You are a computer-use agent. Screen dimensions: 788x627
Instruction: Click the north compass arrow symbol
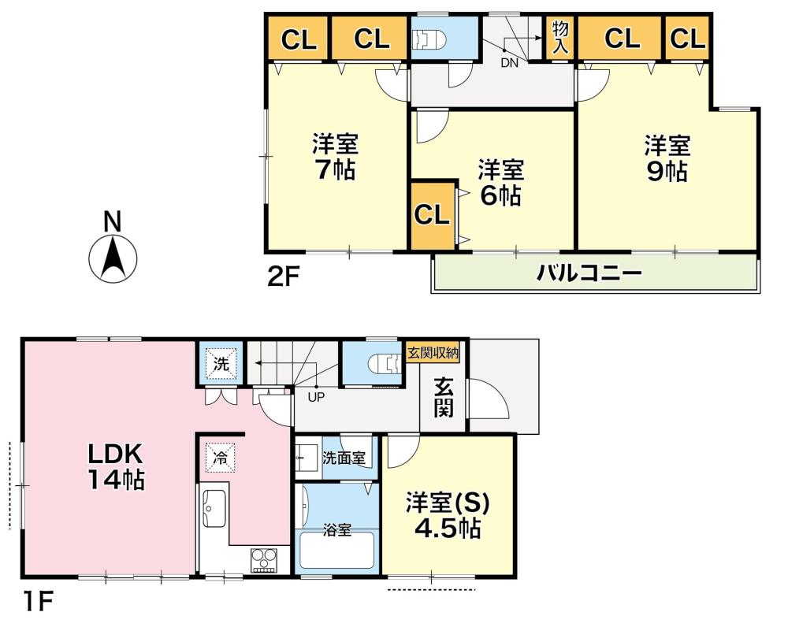click(113, 258)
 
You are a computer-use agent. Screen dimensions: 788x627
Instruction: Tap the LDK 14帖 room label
click(117, 467)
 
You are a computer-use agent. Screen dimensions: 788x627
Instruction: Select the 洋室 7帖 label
click(335, 156)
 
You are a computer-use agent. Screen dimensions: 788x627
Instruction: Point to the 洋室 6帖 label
click(500, 183)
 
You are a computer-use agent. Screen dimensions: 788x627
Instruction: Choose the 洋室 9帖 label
click(667, 158)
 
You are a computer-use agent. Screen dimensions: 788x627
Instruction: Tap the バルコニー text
click(589, 273)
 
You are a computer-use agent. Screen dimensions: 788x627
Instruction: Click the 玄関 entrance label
click(443, 398)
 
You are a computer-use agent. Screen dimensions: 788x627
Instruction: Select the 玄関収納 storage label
click(433, 353)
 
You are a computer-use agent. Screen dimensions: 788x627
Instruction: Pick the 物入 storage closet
click(560, 38)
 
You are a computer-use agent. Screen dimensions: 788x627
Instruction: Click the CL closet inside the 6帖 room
click(432, 215)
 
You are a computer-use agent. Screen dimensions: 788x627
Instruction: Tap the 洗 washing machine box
click(221, 364)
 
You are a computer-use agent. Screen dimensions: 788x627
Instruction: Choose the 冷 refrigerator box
click(220, 457)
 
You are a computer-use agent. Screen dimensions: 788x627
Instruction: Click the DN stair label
click(510, 63)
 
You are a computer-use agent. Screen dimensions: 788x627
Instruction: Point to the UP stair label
click(316, 397)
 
